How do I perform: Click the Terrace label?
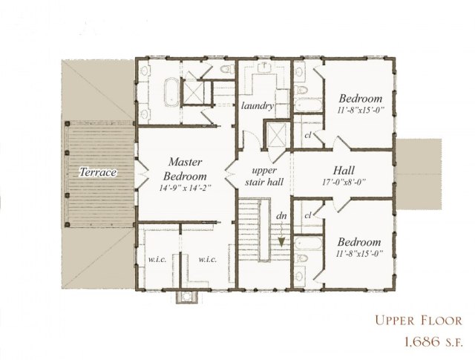pyautogui.click(x=99, y=172)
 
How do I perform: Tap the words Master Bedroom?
pyautogui.click(x=186, y=168)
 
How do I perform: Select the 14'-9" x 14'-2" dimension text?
pyautogui.click(x=186, y=188)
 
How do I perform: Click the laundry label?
pyautogui.click(x=258, y=106)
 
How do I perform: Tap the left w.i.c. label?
pyautogui.click(x=157, y=260)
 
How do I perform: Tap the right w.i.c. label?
pyautogui.click(x=207, y=260)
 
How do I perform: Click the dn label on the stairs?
pyautogui.click(x=282, y=217)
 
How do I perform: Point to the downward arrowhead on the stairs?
pyautogui.click(x=282, y=241)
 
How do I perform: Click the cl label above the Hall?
pyautogui.click(x=307, y=135)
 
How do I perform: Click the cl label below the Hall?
pyautogui.click(x=307, y=215)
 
